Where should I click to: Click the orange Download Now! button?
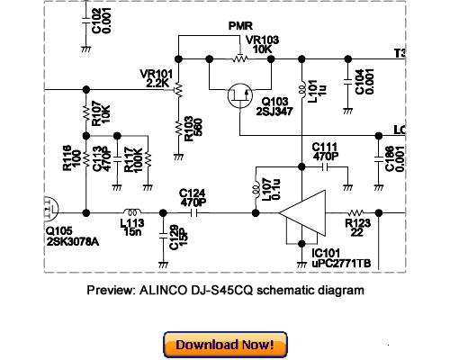(224, 345)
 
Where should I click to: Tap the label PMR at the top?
(240, 27)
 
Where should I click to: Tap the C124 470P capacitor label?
(193, 198)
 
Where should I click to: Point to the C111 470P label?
(325, 150)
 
